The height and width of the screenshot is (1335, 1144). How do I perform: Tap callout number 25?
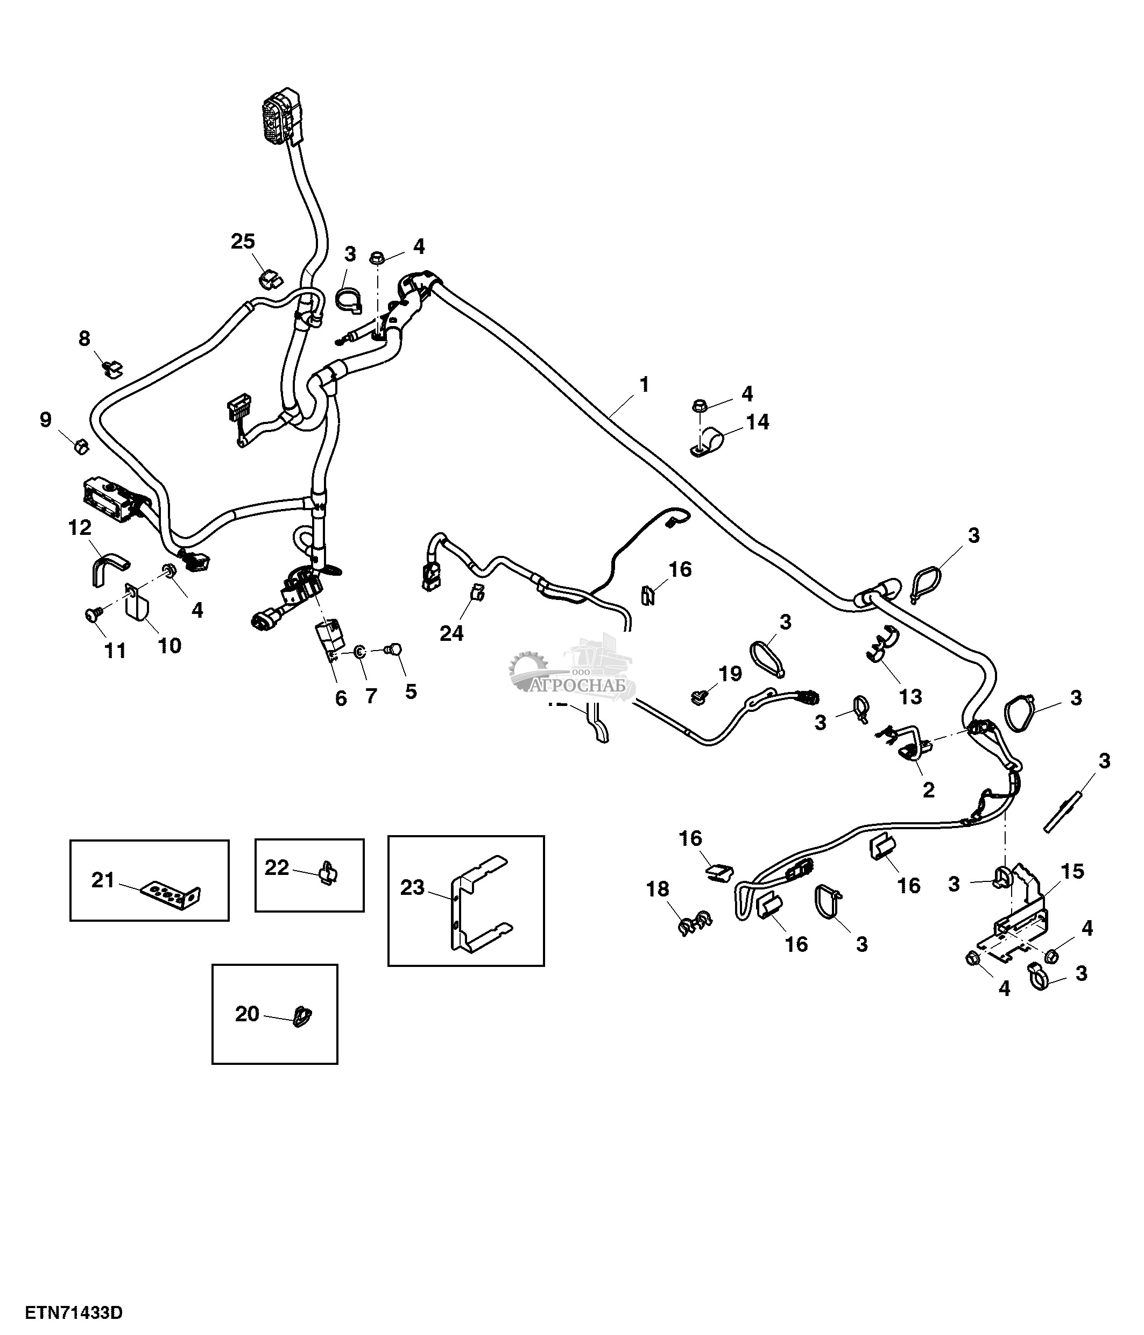[243, 242]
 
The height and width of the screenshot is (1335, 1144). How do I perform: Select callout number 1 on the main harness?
[644, 385]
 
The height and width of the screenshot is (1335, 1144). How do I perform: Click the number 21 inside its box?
[103, 880]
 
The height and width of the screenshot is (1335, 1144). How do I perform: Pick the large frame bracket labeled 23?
[479, 903]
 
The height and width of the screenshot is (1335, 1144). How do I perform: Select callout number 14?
[758, 422]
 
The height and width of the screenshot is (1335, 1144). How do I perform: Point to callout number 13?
[910, 696]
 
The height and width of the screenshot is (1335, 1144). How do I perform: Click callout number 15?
[1072, 871]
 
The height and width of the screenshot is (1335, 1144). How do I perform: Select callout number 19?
[730, 674]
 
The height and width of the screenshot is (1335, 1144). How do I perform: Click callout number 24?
[451, 633]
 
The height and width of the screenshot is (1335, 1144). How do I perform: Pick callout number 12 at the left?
[80, 528]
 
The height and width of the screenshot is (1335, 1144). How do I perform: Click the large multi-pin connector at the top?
[281, 119]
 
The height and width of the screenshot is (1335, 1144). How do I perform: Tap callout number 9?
[45, 420]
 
